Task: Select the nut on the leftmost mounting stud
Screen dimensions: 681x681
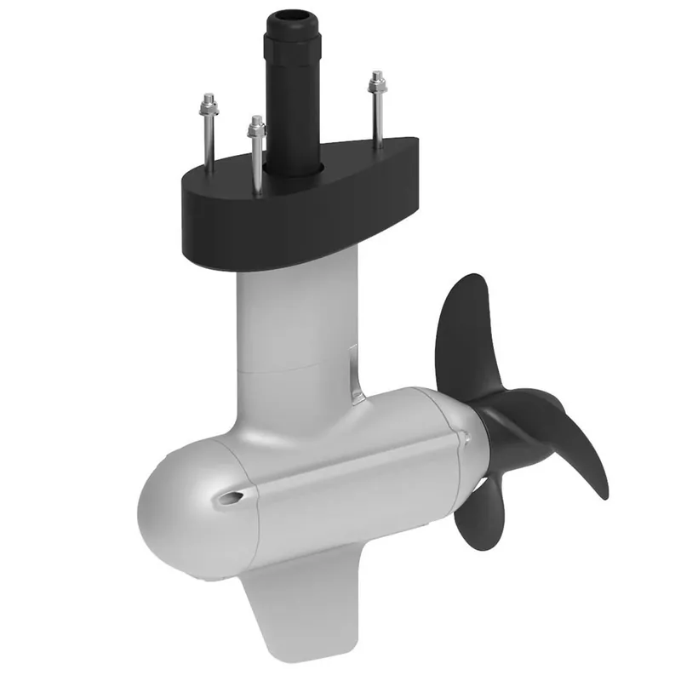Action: point(208,108)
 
